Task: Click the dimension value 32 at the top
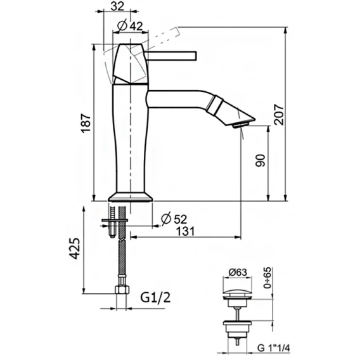[117, 6]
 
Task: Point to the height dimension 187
[86, 123]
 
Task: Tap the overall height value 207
[279, 115]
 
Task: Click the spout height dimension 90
[260, 160]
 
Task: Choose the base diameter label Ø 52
[174, 219]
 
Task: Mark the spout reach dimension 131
[185, 231]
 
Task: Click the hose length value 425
[75, 248]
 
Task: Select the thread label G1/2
[155, 297]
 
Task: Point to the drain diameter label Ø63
[238, 273]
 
